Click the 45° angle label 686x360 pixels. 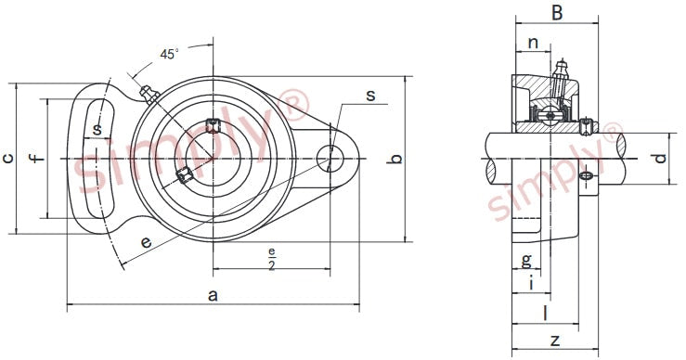click(169, 54)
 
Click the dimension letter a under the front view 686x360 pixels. click(213, 295)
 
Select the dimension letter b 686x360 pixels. click(395, 160)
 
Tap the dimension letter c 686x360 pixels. click(7, 159)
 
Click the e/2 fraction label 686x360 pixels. click(272, 259)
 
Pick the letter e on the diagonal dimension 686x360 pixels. click(146, 241)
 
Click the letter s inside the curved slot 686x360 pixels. click(97, 129)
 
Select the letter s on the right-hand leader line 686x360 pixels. click(370, 95)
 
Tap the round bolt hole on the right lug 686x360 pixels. click(330, 158)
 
